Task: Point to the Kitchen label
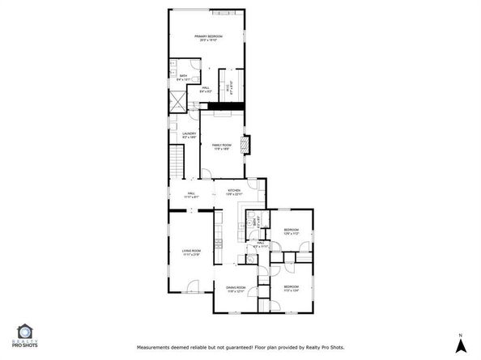233,191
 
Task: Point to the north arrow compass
460,344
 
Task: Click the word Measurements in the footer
155,347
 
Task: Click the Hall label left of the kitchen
192,193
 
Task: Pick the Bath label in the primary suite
183,76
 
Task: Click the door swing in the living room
193,286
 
